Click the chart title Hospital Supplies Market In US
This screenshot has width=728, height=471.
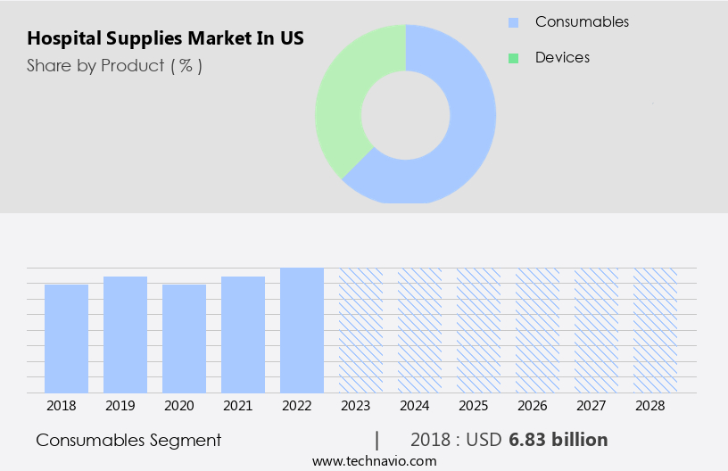165,39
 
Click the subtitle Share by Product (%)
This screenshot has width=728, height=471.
114,66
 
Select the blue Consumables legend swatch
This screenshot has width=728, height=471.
513,22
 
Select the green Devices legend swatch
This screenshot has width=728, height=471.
513,58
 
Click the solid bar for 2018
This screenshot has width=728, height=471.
66,339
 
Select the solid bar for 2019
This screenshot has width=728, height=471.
125,335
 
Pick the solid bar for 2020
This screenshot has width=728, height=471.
184,339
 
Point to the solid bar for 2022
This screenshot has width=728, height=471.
302,330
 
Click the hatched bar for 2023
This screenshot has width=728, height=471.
360,330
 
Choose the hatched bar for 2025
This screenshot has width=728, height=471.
478,330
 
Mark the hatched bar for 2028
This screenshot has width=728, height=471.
655,330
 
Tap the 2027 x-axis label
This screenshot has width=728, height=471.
596,405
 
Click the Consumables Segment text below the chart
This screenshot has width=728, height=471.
128,441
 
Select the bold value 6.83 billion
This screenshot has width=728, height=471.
558,440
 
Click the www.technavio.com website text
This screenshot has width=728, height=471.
375,461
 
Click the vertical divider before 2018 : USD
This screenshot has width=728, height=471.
377,440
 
